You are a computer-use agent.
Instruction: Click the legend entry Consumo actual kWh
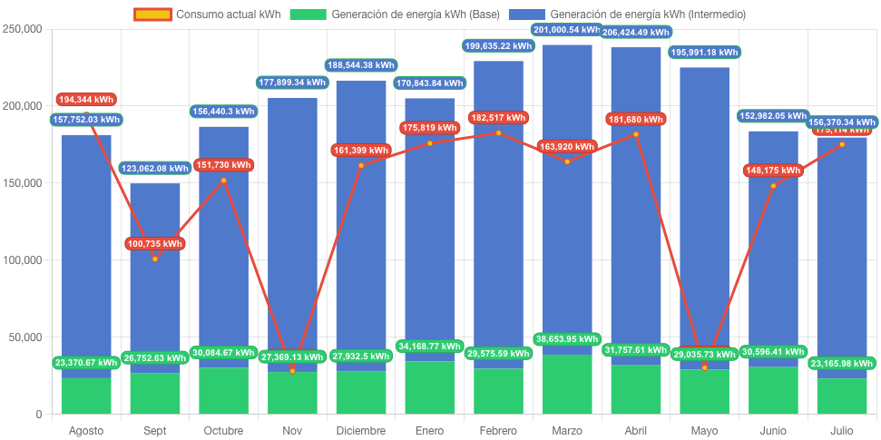click(207, 15)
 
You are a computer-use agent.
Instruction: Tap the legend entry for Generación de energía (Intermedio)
click(626, 15)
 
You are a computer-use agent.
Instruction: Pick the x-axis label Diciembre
click(360, 430)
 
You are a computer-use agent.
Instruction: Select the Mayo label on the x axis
click(704, 430)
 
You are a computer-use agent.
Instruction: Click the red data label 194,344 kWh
click(86, 100)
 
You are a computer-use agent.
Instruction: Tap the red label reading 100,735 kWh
click(154, 243)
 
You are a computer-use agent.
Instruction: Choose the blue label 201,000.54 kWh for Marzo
click(566, 30)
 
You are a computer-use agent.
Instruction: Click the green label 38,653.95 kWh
click(566, 339)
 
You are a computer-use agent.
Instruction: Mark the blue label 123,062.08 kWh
click(155, 168)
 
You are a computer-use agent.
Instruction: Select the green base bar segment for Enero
click(429, 388)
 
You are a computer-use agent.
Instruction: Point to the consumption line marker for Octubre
click(224, 181)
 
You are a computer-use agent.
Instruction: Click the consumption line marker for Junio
click(774, 186)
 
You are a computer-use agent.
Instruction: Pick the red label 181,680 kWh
click(635, 119)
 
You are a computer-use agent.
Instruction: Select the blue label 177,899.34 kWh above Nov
click(292, 82)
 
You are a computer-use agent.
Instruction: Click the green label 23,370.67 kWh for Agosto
click(86, 363)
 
